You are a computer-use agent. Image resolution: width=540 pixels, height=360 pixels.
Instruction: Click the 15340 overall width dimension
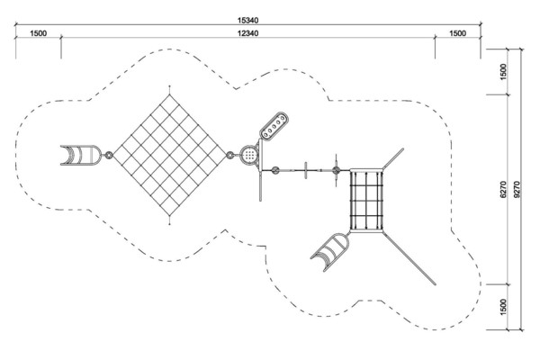(247, 21)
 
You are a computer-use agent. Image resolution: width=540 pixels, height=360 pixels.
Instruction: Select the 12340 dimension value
(247, 33)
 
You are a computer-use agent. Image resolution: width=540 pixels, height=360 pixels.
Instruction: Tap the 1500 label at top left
(38, 33)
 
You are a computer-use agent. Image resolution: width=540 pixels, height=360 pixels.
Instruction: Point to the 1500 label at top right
(458, 33)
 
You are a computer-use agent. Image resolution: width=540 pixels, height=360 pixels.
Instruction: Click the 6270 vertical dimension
(503, 189)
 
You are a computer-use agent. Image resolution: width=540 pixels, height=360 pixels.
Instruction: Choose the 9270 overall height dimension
(517, 189)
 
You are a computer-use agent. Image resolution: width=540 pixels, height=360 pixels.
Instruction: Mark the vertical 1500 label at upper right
(503, 72)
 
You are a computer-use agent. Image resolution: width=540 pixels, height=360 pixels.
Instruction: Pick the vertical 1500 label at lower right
(503, 307)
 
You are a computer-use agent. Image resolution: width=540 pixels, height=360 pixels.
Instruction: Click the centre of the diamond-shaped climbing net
(169, 155)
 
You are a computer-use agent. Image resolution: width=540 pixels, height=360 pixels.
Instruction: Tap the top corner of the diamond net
(169, 94)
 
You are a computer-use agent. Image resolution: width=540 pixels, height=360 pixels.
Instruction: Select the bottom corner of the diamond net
(169, 216)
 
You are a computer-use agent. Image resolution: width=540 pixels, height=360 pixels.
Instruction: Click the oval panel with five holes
(274, 125)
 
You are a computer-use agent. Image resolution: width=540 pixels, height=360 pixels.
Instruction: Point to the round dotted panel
(249, 155)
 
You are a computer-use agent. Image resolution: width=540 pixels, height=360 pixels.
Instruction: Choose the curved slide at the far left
(81, 155)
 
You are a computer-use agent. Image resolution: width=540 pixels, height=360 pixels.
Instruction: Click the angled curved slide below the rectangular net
(331, 252)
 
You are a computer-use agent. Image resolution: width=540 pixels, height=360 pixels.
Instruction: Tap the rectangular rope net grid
(366, 201)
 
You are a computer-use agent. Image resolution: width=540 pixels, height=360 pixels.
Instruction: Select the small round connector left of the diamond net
(109, 155)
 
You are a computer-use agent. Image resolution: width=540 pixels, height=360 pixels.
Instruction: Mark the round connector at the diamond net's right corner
(230, 155)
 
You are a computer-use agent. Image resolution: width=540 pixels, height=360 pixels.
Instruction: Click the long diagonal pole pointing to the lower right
(409, 258)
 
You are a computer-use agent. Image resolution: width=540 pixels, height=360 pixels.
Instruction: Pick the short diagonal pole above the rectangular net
(392, 158)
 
